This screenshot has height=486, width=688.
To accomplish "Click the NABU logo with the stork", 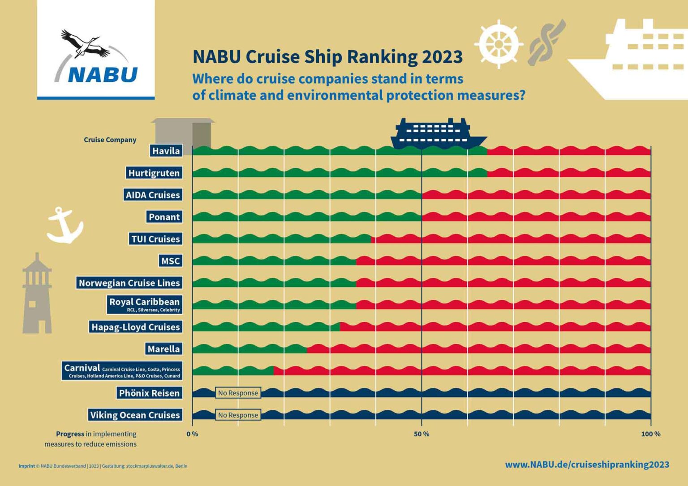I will pyautogui.click(x=96, y=57).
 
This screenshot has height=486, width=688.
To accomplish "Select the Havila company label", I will pyautogui.click(x=166, y=151).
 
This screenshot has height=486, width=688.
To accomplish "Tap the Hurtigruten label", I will pyautogui.click(x=154, y=173).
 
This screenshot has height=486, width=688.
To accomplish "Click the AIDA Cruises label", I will pyautogui.click(x=153, y=195).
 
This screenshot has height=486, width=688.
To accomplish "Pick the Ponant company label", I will pyautogui.click(x=164, y=217).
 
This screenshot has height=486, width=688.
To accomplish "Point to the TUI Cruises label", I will pyautogui.click(x=155, y=239).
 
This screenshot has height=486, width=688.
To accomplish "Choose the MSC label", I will pyautogui.click(x=170, y=261).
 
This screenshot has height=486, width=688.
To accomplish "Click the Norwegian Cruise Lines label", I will pyautogui.click(x=129, y=283).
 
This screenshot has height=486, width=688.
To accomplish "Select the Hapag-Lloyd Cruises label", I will pyautogui.click(x=135, y=327).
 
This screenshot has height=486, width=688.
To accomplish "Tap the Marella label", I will pyautogui.click(x=163, y=349).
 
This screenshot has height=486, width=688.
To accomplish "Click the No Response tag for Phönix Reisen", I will pyautogui.click(x=238, y=393).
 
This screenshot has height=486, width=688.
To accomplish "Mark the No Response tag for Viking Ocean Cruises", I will pyautogui.click(x=238, y=415).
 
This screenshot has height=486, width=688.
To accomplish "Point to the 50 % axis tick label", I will pyautogui.click(x=421, y=434).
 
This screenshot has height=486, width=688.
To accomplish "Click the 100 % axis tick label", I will pyautogui.click(x=650, y=434).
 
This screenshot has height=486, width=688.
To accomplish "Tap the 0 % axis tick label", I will pyautogui.click(x=192, y=434).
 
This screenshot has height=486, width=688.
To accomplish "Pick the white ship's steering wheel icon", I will pyautogui.click(x=499, y=44).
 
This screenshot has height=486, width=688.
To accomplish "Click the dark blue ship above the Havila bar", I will pyautogui.click(x=438, y=133).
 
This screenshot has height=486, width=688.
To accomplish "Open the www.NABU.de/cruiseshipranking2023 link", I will pyautogui.click(x=587, y=465).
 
